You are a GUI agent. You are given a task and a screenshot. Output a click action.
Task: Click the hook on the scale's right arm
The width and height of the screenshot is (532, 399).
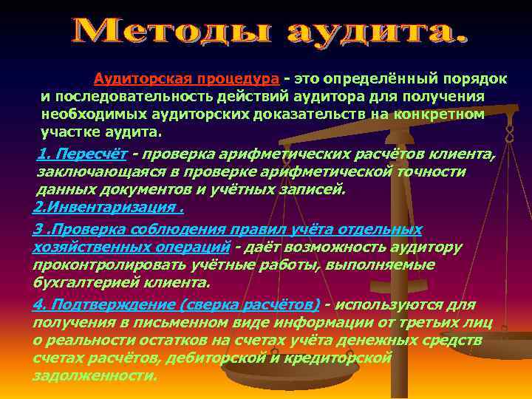coord(508,135)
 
